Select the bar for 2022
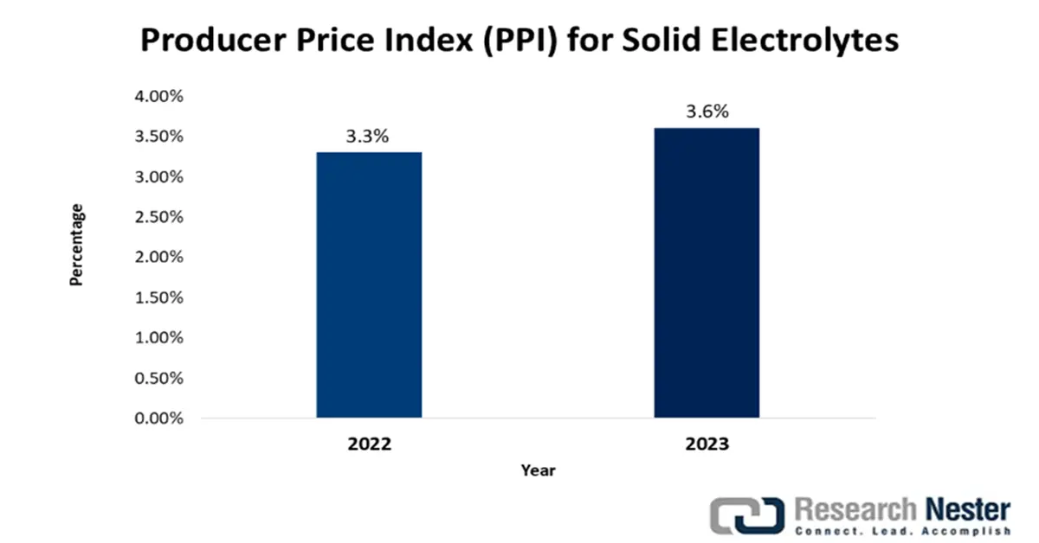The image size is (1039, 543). (x=369, y=285)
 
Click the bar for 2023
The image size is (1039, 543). (x=707, y=273)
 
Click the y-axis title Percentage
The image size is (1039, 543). (x=77, y=245)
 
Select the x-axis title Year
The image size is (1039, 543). (x=538, y=471)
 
